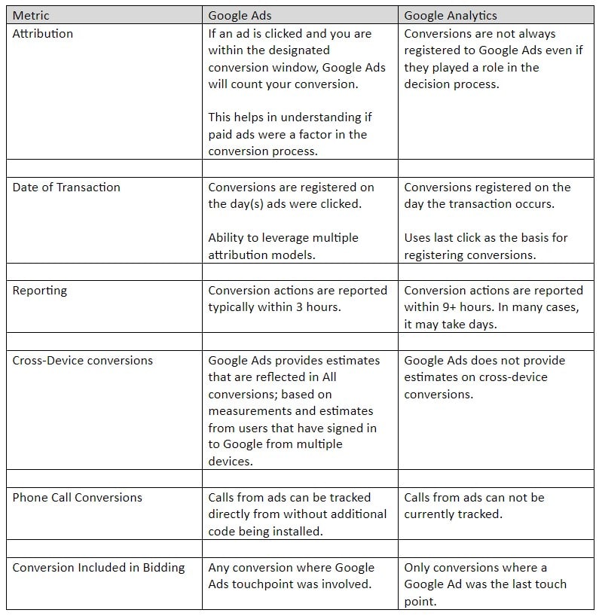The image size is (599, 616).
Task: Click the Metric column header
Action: pos(31,15)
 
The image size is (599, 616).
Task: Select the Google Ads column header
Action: pos(240,15)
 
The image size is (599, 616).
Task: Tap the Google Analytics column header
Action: pos(451,15)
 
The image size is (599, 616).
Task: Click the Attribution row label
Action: pos(43,33)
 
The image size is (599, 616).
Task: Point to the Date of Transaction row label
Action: pos(66,187)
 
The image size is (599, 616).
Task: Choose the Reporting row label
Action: pos(39,290)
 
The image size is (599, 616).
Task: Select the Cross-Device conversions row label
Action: pos(82,360)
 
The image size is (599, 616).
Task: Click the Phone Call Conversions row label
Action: pos(77,497)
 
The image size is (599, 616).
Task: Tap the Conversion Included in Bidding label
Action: pos(99,567)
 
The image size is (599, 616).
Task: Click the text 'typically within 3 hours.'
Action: pos(276,307)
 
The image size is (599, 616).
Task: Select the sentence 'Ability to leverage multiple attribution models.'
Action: pos(283,246)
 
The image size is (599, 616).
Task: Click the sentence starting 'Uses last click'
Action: pos(486,246)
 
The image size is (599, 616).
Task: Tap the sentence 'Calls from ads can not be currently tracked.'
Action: pos(473,505)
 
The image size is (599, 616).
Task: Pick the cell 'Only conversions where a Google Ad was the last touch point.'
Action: pos(484,584)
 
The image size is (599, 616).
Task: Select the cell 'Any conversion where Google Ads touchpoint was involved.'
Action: pos(291,575)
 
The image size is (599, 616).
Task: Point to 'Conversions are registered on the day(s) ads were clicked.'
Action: pos(291,195)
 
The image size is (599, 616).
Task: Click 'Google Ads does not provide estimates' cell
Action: pos(484,377)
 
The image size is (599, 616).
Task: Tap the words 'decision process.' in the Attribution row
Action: pos(451,84)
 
